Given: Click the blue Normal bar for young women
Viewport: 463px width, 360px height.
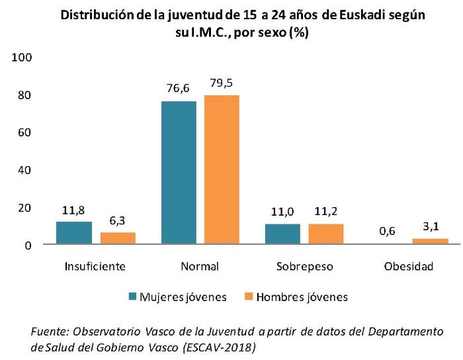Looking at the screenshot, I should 179,173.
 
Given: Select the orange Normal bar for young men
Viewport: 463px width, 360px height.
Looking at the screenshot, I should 222,170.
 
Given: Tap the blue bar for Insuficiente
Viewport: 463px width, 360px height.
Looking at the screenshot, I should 74,233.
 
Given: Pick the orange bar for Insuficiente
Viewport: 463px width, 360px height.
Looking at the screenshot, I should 118,238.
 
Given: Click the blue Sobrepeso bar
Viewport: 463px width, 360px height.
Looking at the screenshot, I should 282,234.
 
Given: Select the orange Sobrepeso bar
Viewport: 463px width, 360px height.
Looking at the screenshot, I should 325,234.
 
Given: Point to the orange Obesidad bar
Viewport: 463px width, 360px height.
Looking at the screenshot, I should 430,242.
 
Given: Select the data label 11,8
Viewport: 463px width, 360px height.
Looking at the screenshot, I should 73,209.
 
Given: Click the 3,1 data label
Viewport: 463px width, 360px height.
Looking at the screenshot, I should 430,226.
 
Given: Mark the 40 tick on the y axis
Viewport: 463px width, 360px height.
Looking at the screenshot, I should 25,170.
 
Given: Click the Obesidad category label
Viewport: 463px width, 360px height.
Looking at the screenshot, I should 408,267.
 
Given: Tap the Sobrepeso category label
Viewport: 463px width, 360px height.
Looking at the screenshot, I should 304,267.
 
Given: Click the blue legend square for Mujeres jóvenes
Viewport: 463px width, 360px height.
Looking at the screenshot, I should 132,296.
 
